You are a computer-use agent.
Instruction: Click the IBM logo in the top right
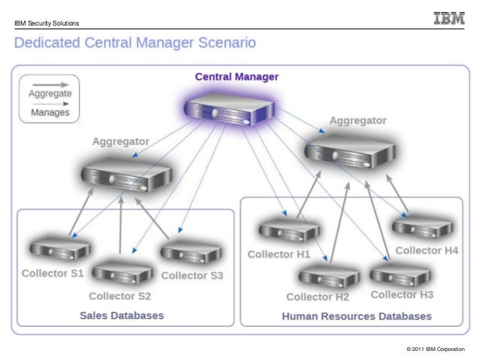(448, 18)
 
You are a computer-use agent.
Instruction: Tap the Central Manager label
(236, 77)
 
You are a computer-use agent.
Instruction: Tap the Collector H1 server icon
(288, 228)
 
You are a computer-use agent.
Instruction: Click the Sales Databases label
(122, 316)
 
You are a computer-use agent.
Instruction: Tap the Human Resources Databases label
(357, 316)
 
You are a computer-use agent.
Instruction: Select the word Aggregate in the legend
(50, 94)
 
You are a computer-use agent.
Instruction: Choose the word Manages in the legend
(50, 113)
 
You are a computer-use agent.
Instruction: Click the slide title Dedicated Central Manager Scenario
(135, 43)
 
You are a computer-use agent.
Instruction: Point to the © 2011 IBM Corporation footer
(435, 348)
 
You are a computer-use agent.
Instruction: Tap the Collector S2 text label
(119, 295)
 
